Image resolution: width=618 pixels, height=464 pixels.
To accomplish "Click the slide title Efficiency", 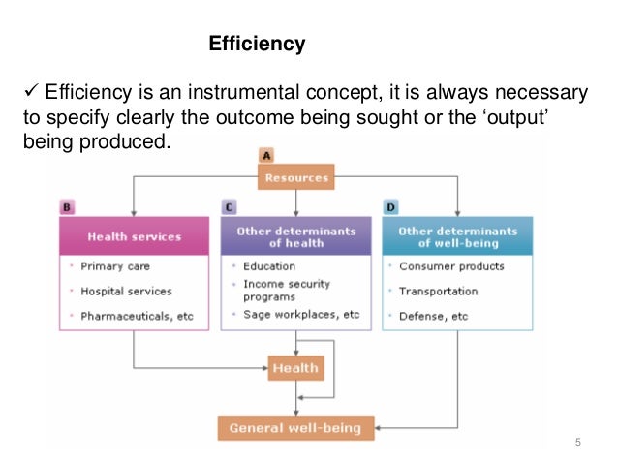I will [x=258, y=45].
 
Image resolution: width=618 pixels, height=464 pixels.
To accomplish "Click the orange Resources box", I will [x=295, y=177].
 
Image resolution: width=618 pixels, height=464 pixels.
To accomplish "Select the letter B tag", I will [x=67, y=206].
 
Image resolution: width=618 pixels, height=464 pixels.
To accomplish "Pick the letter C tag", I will [x=229, y=206].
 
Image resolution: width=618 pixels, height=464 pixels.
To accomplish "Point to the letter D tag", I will [x=390, y=206].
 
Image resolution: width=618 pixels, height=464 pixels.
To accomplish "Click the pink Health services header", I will [x=135, y=236].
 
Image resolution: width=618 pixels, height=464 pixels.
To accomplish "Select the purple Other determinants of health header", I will [x=295, y=236].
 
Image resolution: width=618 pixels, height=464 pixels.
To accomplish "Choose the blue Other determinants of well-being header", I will [x=457, y=236].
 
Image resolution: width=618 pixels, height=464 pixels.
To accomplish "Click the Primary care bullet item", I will [x=115, y=266].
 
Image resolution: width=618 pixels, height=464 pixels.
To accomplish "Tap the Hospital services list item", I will [x=126, y=291].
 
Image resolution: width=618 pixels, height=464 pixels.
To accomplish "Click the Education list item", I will [x=269, y=266].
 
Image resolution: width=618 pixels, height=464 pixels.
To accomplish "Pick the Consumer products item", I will [x=451, y=266].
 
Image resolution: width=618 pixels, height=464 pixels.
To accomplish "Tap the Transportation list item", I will [x=438, y=291].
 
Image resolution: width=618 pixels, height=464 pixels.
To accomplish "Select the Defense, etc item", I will [x=433, y=316].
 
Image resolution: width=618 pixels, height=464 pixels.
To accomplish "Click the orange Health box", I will [x=295, y=368].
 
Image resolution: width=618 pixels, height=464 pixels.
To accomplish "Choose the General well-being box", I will [x=295, y=427].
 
